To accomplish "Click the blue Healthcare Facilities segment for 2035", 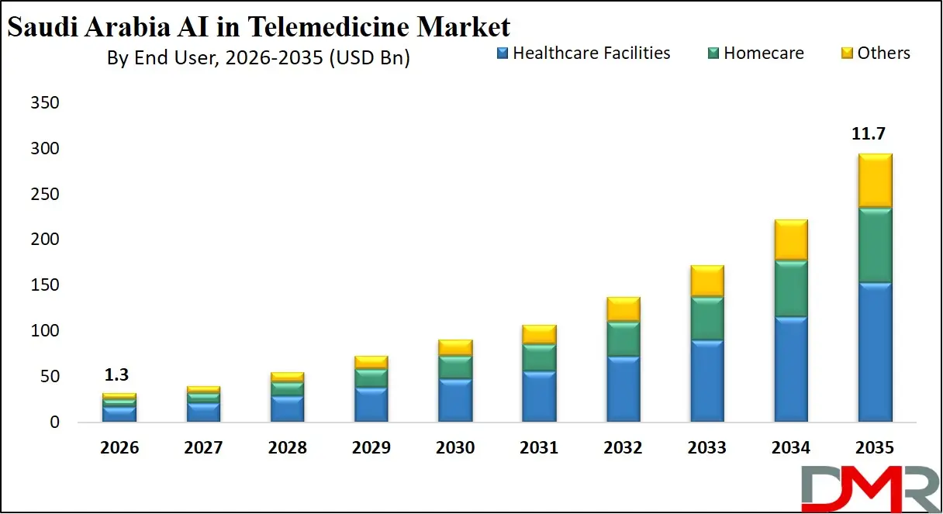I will click(x=875, y=353).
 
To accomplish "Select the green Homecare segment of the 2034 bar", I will click(x=791, y=288).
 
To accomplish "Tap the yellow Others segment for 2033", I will click(x=706, y=281).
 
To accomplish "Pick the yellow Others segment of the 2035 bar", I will click(x=875, y=180).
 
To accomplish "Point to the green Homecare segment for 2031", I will click(x=539, y=357).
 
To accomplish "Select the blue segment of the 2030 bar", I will click(x=455, y=400).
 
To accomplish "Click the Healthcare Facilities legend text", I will click(x=591, y=53).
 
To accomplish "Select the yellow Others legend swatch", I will click(x=847, y=53).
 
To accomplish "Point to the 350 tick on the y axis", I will click(x=45, y=103).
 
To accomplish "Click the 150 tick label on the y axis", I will click(x=45, y=285).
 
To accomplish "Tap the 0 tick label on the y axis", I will click(x=54, y=423).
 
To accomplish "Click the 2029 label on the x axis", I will click(x=371, y=447).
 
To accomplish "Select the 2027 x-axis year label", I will click(x=203, y=447).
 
